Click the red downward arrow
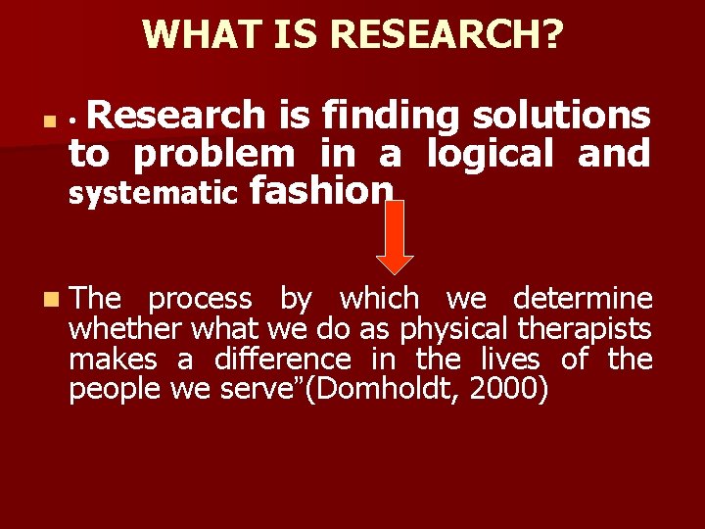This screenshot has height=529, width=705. tap(396, 238)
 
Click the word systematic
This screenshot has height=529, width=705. tap(153, 193)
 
